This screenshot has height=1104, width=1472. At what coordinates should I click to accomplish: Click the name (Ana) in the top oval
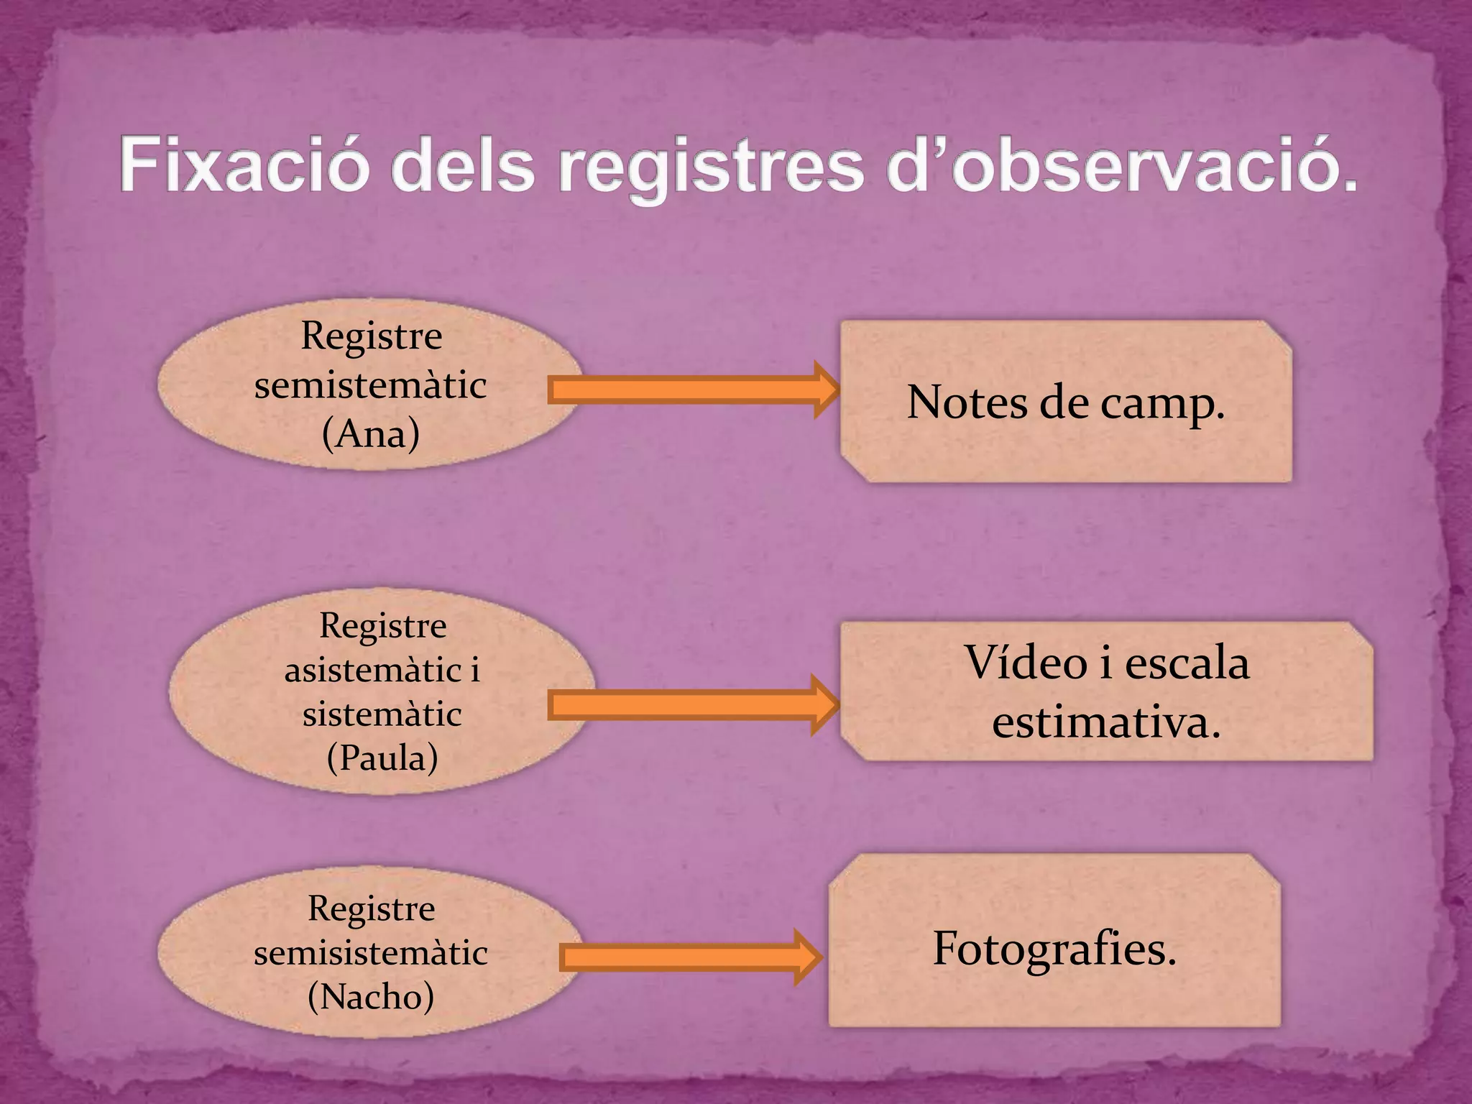pyautogui.click(x=371, y=433)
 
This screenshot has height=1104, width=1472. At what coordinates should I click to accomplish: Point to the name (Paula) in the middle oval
pyautogui.click(x=382, y=758)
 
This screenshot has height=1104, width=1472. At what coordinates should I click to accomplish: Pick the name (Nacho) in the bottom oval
pyautogui.click(x=371, y=996)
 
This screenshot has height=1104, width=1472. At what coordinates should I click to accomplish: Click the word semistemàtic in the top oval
pyautogui.click(x=371, y=385)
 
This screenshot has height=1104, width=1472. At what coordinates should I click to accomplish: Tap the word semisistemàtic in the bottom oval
pyautogui.click(x=371, y=953)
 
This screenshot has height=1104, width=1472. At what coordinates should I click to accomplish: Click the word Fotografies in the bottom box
pyautogui.click(x=1054, y=949)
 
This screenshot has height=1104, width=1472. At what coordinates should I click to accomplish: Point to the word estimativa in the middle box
pyautogui.click(x=1106, y=722)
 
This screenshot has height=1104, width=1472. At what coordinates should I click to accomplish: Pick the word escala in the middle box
pyautogui.click(x=1187, y=662)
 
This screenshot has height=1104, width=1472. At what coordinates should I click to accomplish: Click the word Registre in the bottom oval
pyautogui.click(x=372, y=908)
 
